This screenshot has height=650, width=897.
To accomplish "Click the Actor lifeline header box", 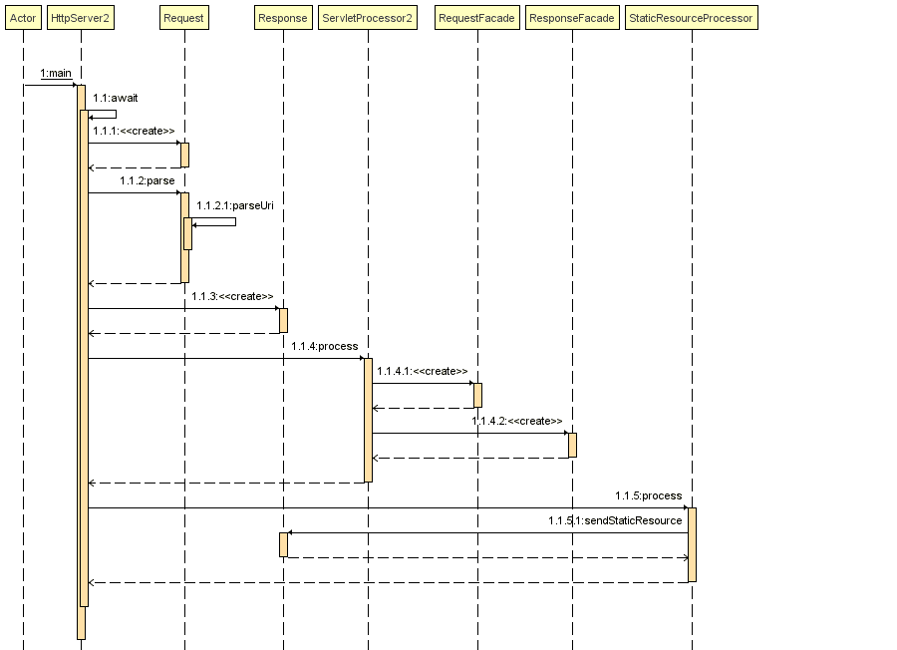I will [23, 18].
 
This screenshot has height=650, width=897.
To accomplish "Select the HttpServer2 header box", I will [80, 18].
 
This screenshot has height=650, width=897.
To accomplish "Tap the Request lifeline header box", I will [183, 18].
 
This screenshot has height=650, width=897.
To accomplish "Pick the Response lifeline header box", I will [282, 18].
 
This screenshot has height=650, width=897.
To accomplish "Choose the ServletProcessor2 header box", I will [368, 18].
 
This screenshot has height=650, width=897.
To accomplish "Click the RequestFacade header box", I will [477, 18].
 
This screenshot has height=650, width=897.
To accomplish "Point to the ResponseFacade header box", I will [572, 18].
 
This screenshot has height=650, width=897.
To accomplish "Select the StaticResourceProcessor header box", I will [692, 18].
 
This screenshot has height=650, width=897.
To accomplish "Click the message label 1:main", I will [56, 74].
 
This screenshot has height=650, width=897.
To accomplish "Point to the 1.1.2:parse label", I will [148, 180].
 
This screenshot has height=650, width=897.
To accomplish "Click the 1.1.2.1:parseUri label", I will [235, 205].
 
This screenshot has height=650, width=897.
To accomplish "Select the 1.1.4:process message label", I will [325, 346].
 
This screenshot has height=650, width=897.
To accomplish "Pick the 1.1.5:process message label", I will [649, 495].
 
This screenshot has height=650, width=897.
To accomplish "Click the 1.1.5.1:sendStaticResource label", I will [615, 520].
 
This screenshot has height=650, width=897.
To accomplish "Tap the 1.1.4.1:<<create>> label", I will [423, 371].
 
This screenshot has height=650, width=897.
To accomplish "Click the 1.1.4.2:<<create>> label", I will [517, 421].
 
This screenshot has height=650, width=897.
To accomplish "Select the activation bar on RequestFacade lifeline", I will [477, 395].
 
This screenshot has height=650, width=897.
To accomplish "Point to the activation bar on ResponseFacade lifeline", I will [572, 445].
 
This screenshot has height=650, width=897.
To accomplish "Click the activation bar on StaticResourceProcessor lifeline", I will [692, 544].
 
